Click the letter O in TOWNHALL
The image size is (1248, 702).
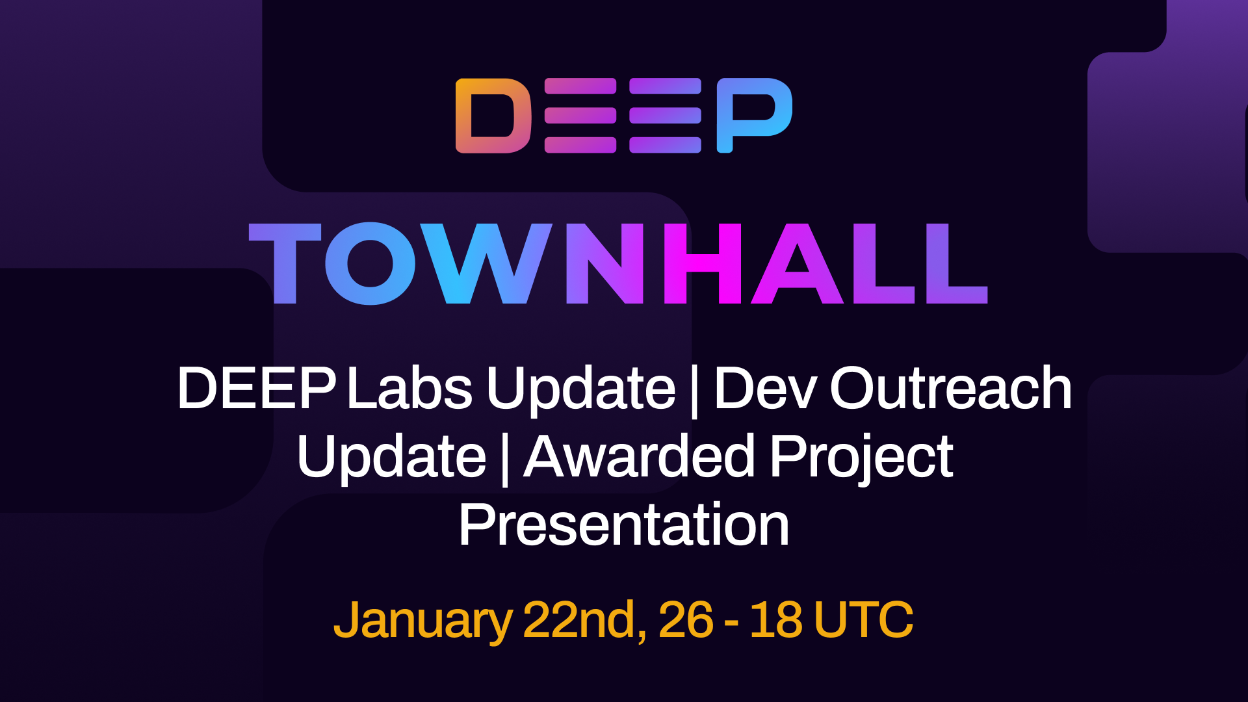(370, 263)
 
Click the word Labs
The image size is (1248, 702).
(409, 388)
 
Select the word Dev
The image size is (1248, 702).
(764, 388)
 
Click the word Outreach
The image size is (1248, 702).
(950, 388)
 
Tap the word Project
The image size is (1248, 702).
(861, 458)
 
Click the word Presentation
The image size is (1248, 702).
(624, 525)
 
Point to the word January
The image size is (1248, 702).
(423, 620)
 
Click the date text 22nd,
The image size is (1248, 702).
(584, 620)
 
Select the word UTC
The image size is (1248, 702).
(863, 620)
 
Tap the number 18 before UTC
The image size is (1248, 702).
(775, 620)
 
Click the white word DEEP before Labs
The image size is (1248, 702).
(256, 388)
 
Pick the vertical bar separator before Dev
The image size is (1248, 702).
(695, 390)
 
